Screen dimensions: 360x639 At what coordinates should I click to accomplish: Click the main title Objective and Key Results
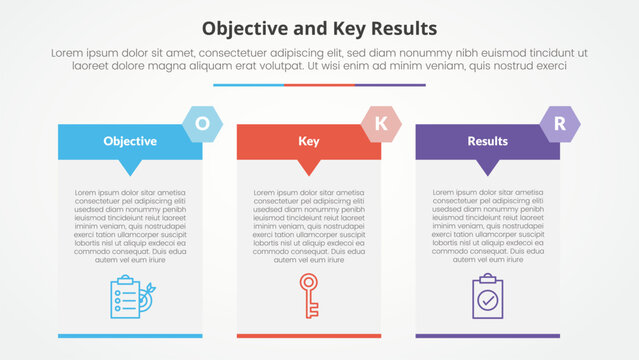click(x=319, y=27)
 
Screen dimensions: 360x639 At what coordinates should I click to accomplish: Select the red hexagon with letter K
click(x=381, y=123)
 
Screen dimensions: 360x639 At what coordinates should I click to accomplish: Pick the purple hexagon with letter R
click(x=559, y=123)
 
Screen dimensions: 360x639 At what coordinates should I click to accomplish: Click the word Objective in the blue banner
click(x=130, y=141)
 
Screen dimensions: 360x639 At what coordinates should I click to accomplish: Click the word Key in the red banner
click(x=309, y=141)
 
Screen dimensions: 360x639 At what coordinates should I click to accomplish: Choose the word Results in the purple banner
click(x=488, y=141)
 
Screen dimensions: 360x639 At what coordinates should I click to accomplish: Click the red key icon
click(x=309, y=296)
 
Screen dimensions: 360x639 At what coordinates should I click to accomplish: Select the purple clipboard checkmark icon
click(x=488, y=296)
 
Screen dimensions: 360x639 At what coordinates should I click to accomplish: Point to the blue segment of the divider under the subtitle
click(x=248, y=85)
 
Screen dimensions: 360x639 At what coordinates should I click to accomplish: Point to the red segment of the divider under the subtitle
click(x=319, y=85)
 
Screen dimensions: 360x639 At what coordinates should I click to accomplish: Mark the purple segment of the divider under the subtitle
click(x=390, y=85)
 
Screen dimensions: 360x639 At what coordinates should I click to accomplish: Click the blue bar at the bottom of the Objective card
click(x=130, y=335)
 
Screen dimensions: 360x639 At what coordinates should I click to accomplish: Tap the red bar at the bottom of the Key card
click(x=309, y=335)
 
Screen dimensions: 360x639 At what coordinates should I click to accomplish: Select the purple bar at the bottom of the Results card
click(x=488, y=335)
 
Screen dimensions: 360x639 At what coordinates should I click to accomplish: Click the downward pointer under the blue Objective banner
click(x=130, y=167)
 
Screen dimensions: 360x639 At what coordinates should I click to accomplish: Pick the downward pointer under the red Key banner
click(x=309, y=167)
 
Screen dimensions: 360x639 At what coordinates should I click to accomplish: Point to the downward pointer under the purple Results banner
click(x=488, y=167)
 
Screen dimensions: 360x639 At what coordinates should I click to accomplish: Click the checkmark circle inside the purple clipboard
click(x=488, y=300)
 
